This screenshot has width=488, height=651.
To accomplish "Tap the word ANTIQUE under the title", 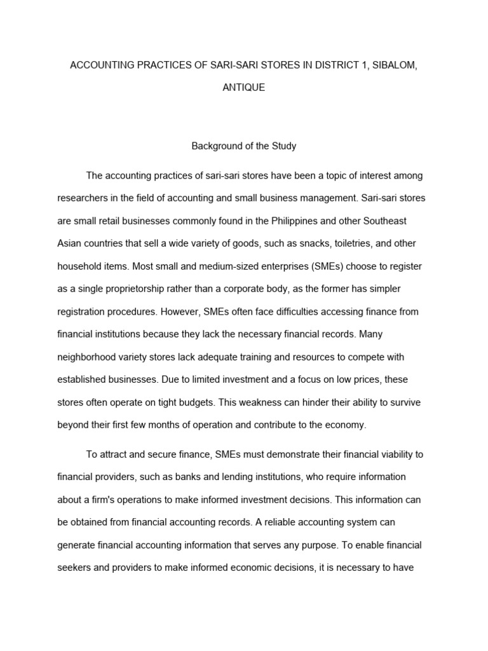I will pyautogui.click(x=243, y=88).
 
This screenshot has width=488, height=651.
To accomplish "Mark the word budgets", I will pyautogui.click(x=203, y=402).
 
